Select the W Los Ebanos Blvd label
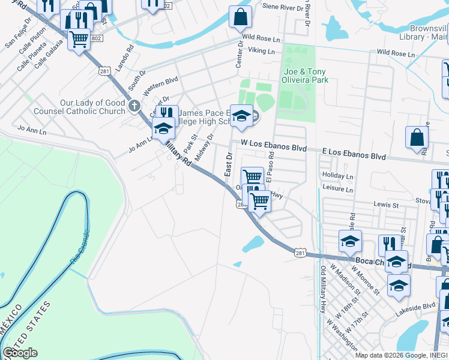coord(274,146)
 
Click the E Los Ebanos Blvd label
coord(354,155)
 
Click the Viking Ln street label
coord(261,52)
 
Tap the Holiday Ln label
coord(337,176)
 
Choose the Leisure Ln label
coord(337,189)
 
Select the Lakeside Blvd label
coord(415,307)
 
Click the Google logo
coord(20,353)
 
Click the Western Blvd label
coord(161,80)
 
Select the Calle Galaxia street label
coord(49,54)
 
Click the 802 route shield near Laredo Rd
coord(97,38)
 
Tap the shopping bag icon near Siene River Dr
coord(240,17)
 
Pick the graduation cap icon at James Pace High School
coord(241,116)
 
